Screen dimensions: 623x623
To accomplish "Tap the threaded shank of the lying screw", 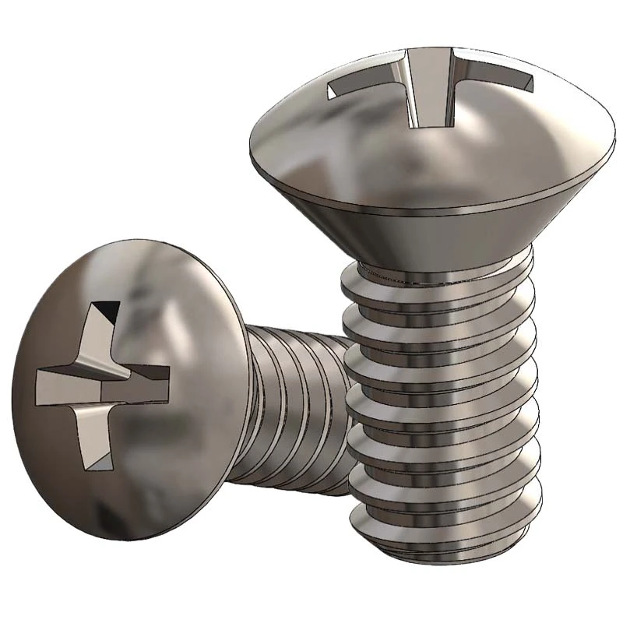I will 296,405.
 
